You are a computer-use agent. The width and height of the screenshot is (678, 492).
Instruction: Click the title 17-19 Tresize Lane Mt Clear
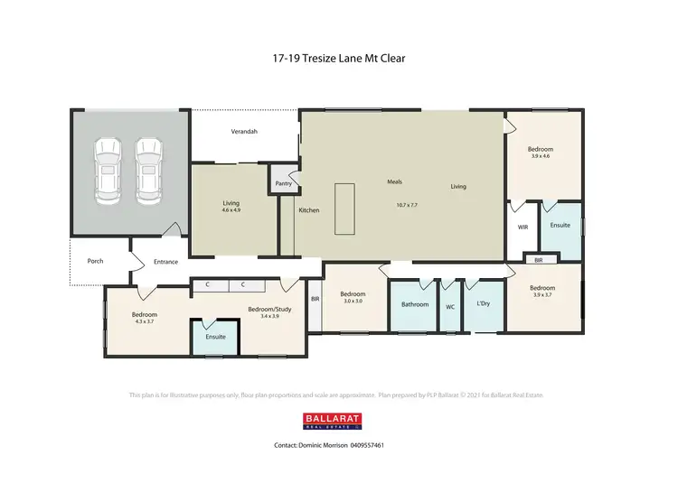[338, 60]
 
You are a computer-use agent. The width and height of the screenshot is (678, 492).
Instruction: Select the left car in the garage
[108, 169]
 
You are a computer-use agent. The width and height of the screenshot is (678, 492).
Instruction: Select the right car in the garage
[148, 169]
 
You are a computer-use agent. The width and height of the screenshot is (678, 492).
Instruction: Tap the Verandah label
[243, 132]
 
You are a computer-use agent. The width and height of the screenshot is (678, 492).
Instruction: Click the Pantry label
[282, 183]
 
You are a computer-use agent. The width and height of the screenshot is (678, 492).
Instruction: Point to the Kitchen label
[309, 210]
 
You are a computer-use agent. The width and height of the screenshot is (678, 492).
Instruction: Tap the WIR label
[523, 228]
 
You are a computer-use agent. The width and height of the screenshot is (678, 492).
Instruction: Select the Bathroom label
[415, 304]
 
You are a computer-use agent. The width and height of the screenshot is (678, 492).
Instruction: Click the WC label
[450, 306]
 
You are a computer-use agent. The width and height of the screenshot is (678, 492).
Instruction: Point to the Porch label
[95, 261]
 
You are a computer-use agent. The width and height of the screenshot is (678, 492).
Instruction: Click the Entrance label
[165, 262]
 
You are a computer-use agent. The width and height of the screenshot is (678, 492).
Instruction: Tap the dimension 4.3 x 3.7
[146, 321]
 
